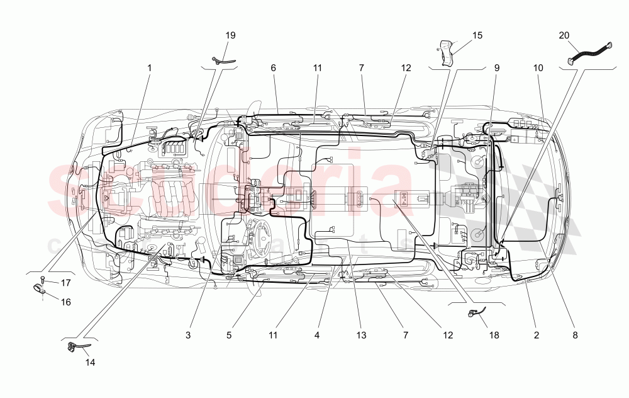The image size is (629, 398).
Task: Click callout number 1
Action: (x=150, y=67)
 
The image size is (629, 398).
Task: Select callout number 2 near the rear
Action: (x=537, y=336)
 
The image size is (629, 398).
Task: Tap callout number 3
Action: (x=188, y=336)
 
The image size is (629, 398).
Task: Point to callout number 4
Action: (x=317, y=336)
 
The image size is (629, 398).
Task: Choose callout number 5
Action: (x=229, y=336)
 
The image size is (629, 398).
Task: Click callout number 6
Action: (x=274, y=67)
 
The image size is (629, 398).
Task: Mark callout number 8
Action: (x=575, y=336)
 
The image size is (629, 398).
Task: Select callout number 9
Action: (x=496, y=67)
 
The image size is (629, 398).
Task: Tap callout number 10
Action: (x=538, y=67)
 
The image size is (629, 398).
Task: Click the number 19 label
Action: (x=231, y=35)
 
